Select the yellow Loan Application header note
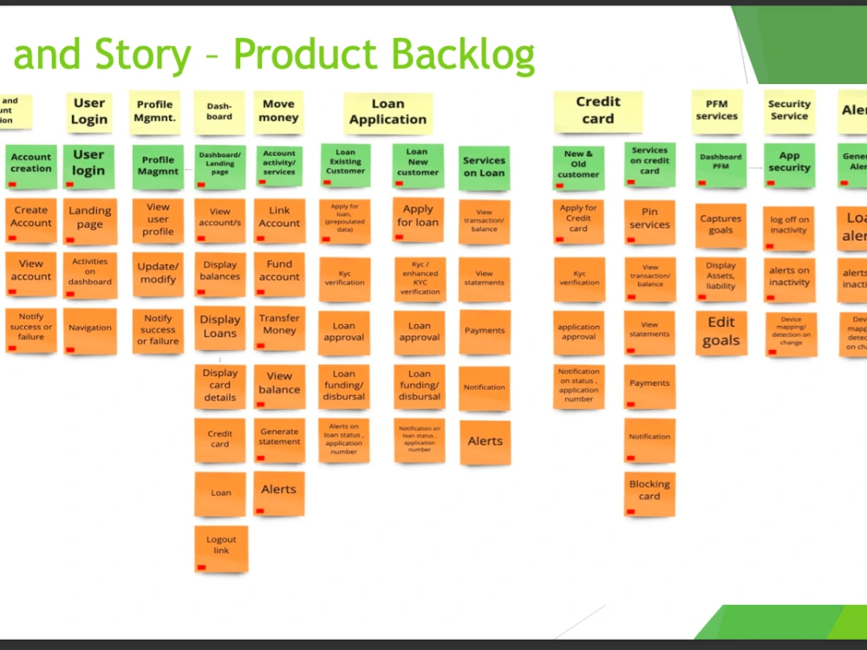[388, 113]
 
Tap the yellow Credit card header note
[598, 112]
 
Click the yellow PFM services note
[717, 111]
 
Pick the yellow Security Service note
[789, 111]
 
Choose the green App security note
[789, 162]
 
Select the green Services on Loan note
[484, 166]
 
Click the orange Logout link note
[220, 547]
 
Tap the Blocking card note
[649, 491]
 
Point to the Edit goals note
[720, 332]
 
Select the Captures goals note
[720, 224]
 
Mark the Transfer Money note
[279, 326]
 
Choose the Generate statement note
[279, 438]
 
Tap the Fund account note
[279, 271]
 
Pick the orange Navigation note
[90, 329]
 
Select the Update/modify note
[158, 274]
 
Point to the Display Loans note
[220, 328]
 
